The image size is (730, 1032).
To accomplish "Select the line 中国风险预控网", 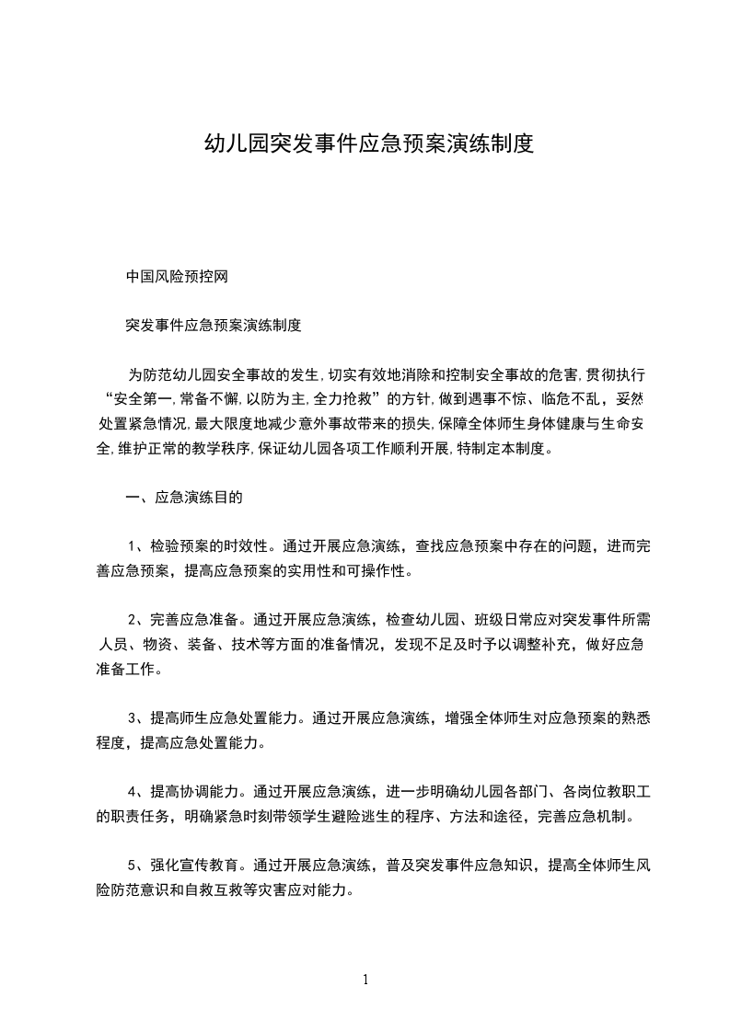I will [x=182, y=277].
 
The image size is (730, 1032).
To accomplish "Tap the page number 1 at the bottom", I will [x=365, y=979].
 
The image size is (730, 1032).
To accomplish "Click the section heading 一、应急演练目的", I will [x=184, y=498].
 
